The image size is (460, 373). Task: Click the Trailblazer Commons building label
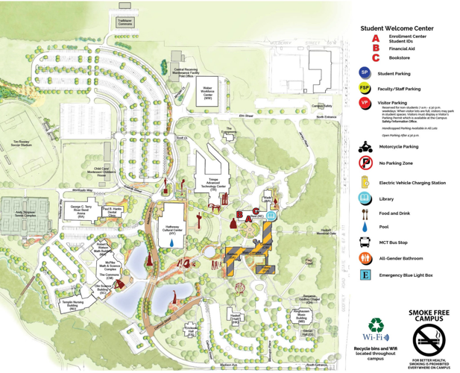tap(125, 22)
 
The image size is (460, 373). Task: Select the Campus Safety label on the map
tap(322, 107)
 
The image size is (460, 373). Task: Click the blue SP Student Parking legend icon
tap(365, 73)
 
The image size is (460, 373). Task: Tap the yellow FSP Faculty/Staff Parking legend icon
tap(365, 88)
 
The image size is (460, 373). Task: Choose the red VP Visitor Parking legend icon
tap(365, 104)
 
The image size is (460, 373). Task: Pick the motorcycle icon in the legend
tap(365, 147)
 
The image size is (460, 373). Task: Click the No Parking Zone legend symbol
tap(365, 163)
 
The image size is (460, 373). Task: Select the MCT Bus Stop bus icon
tap(365, 242)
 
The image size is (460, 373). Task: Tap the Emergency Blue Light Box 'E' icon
tap(365, 275)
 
